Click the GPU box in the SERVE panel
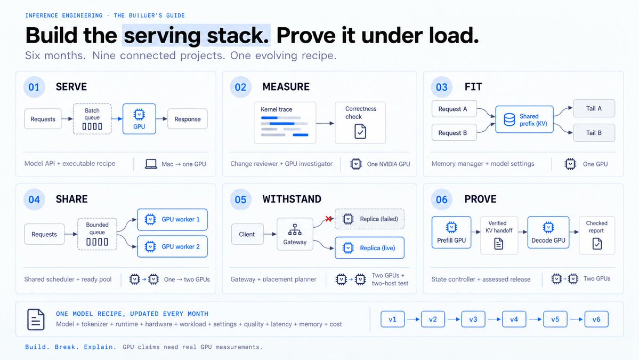click(139, 118)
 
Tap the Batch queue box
click(92, 118)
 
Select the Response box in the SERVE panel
click(188, 119)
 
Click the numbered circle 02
click(240, 87)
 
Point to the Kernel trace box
click(285, 122)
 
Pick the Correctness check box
click(360, 122)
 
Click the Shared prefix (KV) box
click(524, 119)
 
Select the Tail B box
click(594, 133)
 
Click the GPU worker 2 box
click(172, 246)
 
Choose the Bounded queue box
click(98, 234)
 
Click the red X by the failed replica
click(328, 219)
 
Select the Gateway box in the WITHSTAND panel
click(295, 234)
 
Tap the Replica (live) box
click(370, 248)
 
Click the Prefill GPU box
click(451, 233)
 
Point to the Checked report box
click(596, 235)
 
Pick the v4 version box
click(514, 319)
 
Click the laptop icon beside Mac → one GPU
click(151, 164)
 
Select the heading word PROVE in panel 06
click(481, 199)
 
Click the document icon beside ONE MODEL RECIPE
click(36, 319)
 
